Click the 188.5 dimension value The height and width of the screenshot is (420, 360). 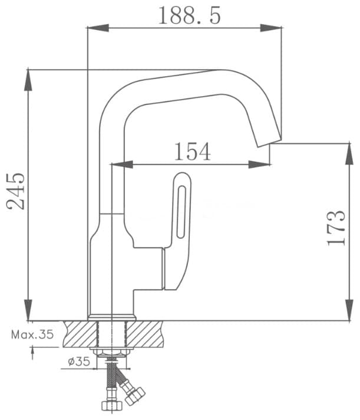click(x=189, y=15)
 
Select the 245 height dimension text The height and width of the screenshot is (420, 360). click(x=15, y=191)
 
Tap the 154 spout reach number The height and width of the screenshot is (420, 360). click(x=193, y=152)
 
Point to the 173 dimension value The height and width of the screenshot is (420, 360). click(x=336, y=228)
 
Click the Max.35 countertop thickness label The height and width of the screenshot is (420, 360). click(x=32, y=334)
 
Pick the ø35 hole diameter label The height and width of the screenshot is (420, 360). click(x=78, y=362)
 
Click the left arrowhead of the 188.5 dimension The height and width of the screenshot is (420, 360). click(x=98, y=28)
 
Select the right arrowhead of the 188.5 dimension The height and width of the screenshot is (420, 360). click(x=271, y=28)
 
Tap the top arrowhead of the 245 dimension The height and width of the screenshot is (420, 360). click(x=28, y=80)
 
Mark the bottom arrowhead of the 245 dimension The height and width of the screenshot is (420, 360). click(x=28, y=310)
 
